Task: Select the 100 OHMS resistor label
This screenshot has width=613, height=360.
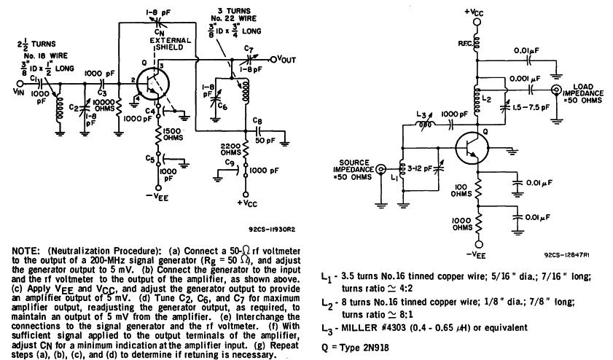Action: (461, 191)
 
